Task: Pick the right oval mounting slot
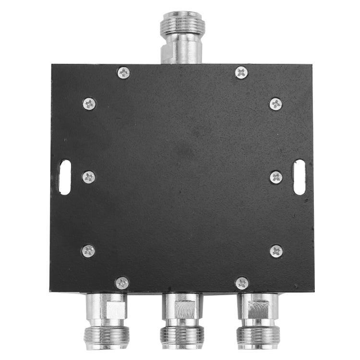299,177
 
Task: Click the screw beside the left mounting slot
89,177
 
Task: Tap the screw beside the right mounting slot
276,177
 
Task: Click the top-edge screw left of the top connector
123,72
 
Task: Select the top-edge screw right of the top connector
241,72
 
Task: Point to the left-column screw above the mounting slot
89,104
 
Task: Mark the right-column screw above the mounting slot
276,104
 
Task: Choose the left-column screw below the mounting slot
88,251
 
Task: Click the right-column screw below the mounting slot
276,251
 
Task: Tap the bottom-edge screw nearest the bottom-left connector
122,283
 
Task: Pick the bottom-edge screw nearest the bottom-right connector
242,283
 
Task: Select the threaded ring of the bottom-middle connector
181,333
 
